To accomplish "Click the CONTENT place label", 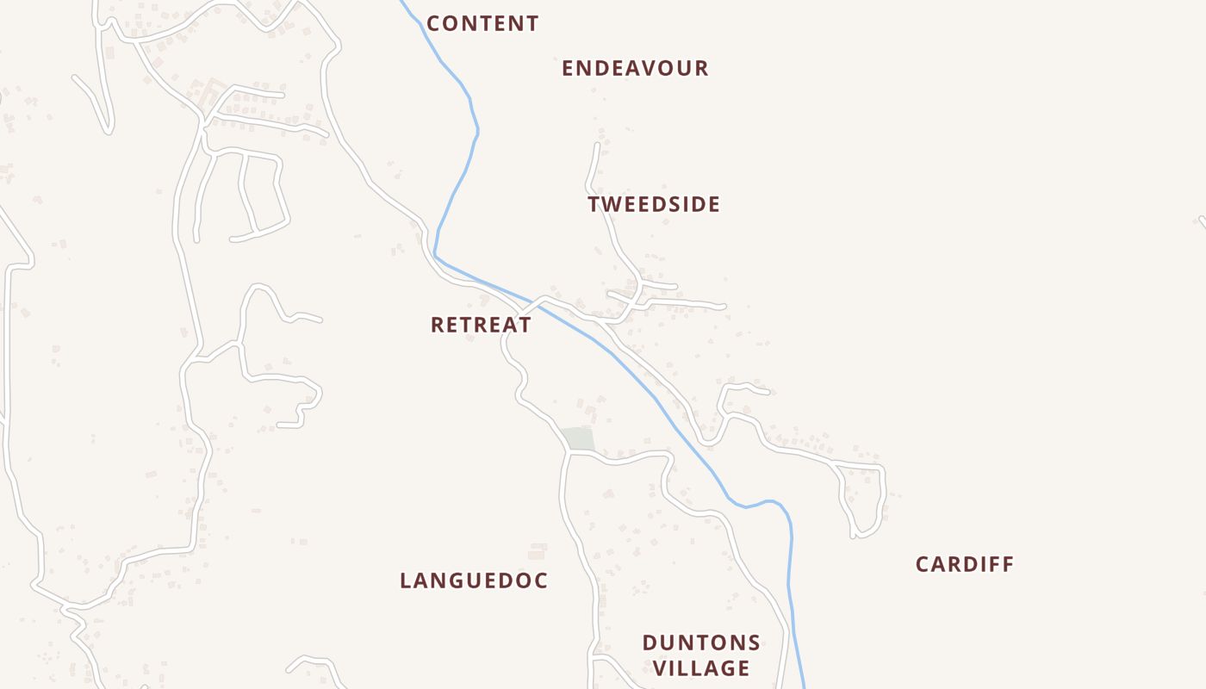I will click(482, 24).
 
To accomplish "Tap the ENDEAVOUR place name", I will click(635, 69).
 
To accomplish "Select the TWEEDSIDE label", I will click(654, 205).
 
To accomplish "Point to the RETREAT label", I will click(481, 326).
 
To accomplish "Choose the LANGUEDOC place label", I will click(474, 581).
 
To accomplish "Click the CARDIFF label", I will click(965, 565).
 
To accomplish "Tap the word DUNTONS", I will click(701, 643).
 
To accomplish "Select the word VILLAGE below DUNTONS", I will click(701, 668).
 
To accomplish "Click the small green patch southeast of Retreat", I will click(577, 438).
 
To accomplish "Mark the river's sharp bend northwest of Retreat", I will click(436, 254).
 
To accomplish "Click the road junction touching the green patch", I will click(569, 451).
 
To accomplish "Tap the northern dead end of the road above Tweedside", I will click(597, 145).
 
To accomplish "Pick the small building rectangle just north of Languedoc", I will click(538, 551).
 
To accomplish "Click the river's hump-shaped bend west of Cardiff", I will click(767, 501).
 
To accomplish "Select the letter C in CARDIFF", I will click(923, 565).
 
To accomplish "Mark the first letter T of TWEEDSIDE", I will click(594, 205).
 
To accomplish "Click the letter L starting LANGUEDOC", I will click(406, 581).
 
